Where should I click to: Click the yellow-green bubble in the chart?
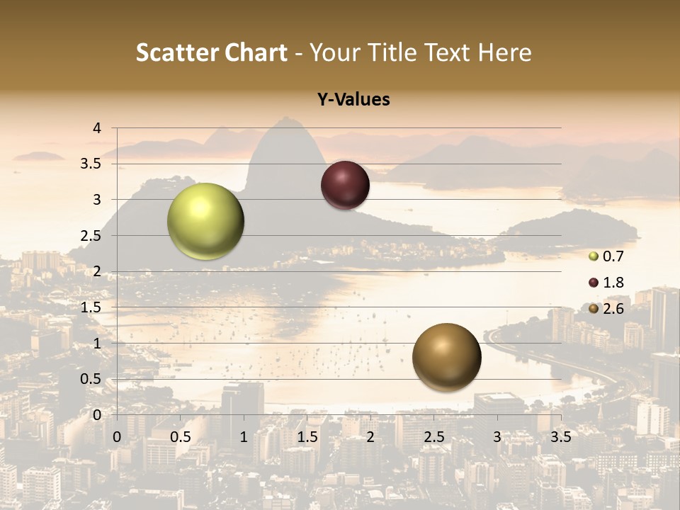[205, 222]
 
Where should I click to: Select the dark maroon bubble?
[345, 185]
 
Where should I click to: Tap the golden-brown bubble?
[446, 357]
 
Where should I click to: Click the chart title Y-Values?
[353, 100]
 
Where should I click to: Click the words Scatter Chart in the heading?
[211, 52]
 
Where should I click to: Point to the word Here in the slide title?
[504, 52]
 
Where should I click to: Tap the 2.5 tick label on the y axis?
[91, 236]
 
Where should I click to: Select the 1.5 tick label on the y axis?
[91, 307]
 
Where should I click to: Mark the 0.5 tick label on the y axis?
[91, 379]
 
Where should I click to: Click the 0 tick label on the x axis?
[117, 436]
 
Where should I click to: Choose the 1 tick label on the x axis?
[244, 436]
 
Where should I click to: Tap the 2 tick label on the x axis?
[370, 436]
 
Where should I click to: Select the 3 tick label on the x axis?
[497, 436]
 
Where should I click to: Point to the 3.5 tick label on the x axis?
[560, 436]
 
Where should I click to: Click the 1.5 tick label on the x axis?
[307, 436]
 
